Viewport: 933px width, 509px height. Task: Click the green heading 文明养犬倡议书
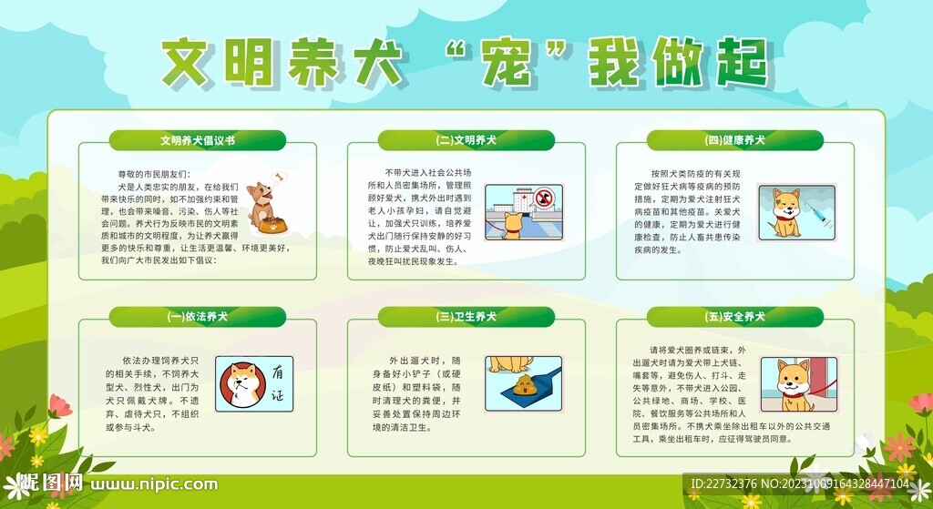[198, 141]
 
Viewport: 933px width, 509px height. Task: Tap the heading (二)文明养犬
[466, 141]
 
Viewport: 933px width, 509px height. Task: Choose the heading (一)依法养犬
[198, 317]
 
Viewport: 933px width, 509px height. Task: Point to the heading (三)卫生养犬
[466, 317]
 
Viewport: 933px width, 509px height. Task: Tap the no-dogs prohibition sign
[545, 198]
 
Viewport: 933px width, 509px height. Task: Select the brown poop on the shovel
[526, 383]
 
